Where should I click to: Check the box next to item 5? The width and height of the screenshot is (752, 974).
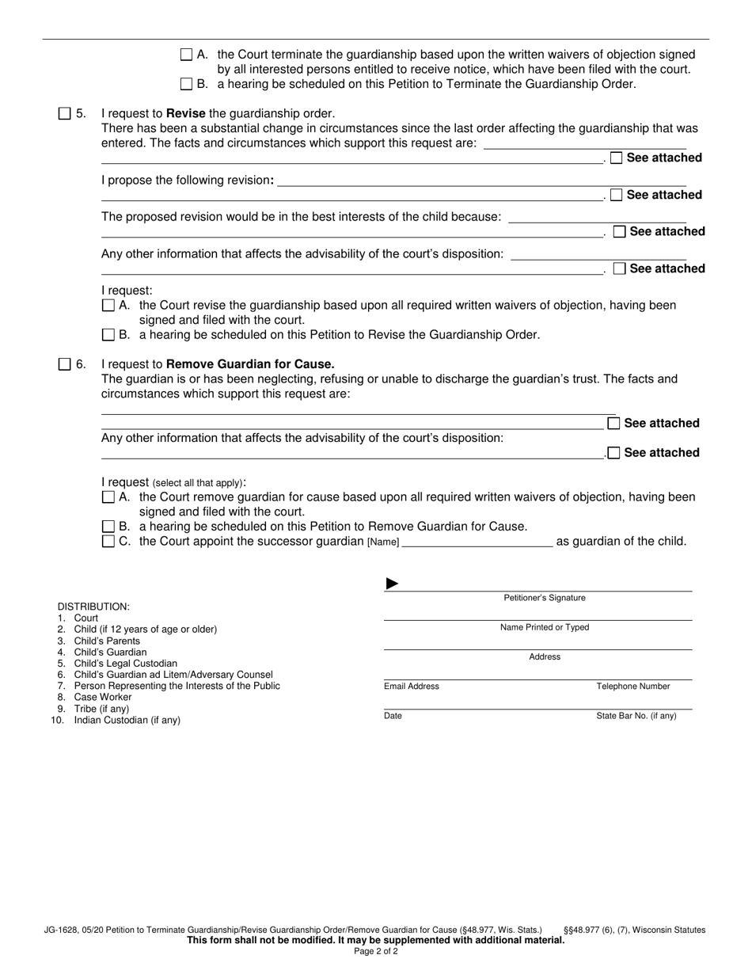point(65,114)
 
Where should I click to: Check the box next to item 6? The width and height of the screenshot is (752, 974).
point(65,364)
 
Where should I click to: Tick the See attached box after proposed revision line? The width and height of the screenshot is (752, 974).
point(617,195)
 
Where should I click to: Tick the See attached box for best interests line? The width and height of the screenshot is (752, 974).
point(620,231)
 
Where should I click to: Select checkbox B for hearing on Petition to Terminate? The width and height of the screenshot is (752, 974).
point(187,84)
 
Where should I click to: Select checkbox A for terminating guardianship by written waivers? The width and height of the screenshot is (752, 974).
point(187,55)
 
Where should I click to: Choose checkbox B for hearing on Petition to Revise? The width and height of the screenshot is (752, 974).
point(108,335)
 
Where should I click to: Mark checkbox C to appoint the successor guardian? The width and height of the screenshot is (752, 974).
point(108,542)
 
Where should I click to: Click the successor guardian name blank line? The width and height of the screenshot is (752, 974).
point(477,542)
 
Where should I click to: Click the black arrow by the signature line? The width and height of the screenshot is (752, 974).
point(392,584)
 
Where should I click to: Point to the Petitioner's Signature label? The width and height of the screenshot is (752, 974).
point(545,598)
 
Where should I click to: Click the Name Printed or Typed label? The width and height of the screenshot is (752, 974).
point(545,627)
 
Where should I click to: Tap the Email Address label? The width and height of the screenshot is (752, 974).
point(412,687)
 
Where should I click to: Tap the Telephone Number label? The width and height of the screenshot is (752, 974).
point(633,687)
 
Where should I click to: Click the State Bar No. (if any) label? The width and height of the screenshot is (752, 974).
point(636,716)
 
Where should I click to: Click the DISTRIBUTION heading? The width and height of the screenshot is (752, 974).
point(93,607)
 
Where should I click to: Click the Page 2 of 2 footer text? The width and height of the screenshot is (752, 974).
point(376,951)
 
